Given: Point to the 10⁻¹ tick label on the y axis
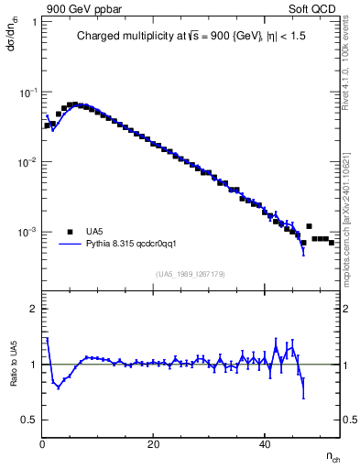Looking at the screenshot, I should point(28,93).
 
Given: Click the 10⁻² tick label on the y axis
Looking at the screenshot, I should point(28,162).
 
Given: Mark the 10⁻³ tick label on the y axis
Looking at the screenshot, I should point(28,233).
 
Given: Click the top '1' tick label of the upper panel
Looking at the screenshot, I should point(34,22).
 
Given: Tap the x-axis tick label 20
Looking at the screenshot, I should point(154,444).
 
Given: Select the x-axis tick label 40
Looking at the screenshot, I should point(265,444).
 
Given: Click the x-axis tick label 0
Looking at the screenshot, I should point(43,444).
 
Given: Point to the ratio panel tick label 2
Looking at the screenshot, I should point(33,309).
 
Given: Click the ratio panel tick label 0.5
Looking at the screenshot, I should point(28,420).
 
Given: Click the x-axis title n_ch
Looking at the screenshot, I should point(332,455).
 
